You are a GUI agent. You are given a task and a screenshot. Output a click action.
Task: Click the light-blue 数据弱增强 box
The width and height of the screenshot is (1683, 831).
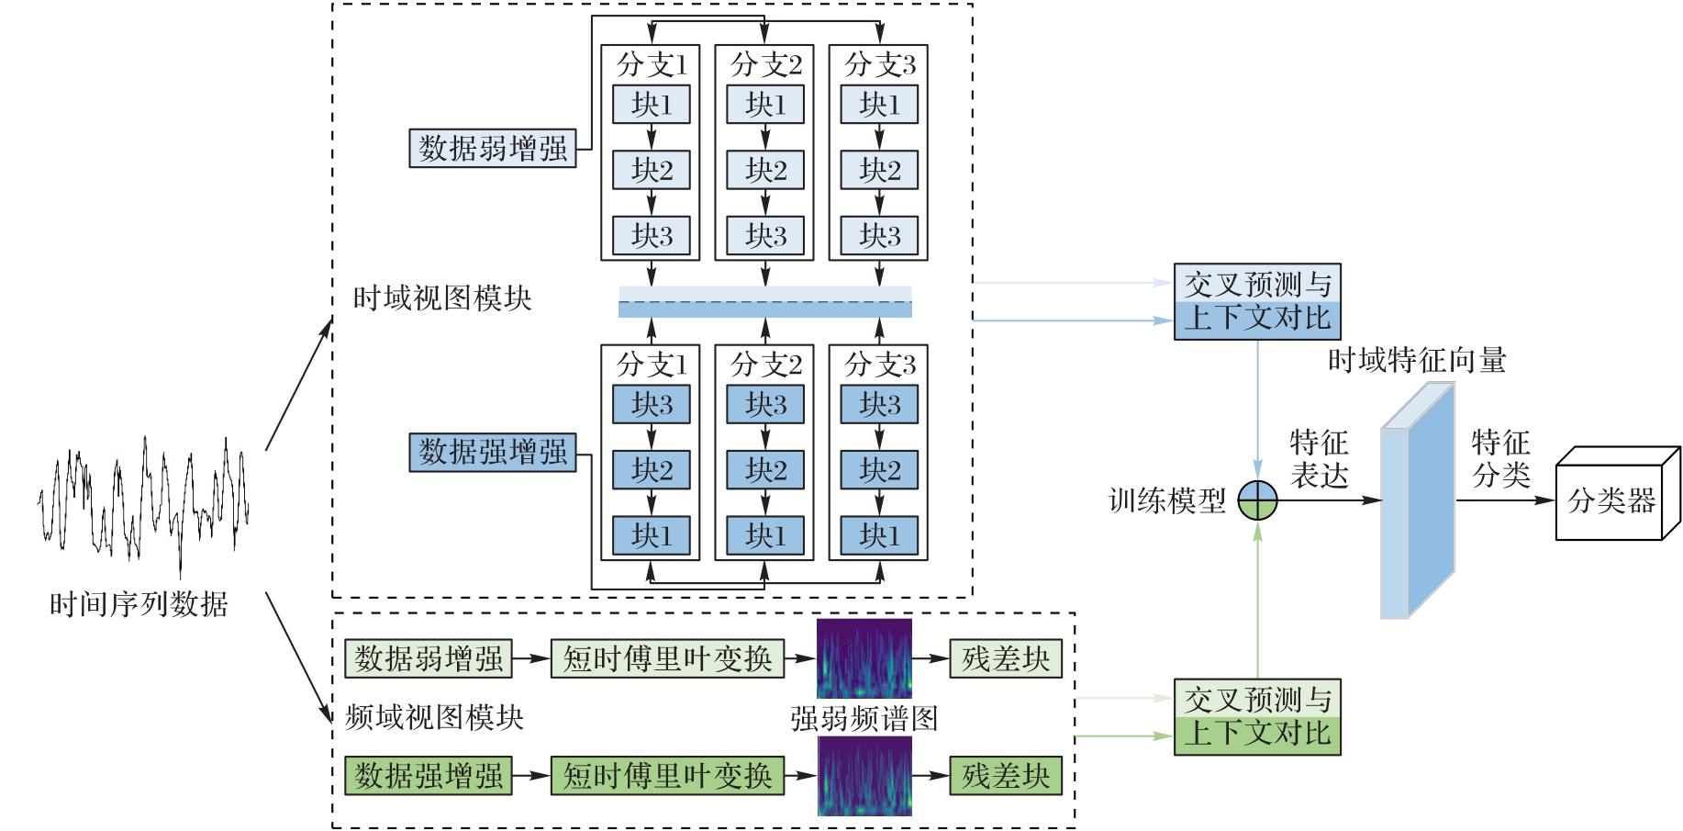pyautogui.click(x=493, y=149)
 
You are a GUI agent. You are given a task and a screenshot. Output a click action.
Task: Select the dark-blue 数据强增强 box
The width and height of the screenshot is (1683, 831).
pyautogui.click(x=493, y=452)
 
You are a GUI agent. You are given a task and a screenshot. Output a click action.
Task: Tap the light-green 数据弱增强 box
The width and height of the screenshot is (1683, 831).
pyautogui.click(x=429, y=658)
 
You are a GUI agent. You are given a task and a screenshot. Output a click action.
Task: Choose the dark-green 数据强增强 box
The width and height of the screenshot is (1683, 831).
pyautogui.click(x=429, y=775)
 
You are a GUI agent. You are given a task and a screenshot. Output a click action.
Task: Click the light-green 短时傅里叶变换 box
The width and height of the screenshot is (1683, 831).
pyautogui.click(x=667, y=658)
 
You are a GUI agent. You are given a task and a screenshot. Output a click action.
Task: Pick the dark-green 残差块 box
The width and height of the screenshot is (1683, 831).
pyautogui.click(x=1006, y=775)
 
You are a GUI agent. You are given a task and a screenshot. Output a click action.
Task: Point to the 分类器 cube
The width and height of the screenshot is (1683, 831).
pyautogui.click(x=1611, y=501)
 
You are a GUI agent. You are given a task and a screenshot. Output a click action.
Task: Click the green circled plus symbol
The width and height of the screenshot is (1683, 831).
pyautogui.click(x=1257, y=500)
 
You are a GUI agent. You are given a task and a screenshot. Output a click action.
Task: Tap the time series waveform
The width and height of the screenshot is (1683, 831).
pyautogui.click(x=143, y=500)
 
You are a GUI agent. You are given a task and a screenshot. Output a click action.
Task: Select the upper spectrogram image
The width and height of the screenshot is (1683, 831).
pyautogui.click(x=864, y=658)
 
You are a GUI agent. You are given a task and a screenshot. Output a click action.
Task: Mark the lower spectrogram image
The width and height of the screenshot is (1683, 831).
pyautogui.click(x=864, y=777)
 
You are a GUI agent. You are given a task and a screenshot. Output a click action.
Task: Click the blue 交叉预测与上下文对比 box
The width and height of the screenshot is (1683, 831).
pyautogui.click(x=1257, y=302)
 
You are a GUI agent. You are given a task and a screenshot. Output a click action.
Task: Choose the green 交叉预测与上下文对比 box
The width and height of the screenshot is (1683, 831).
pyautogui.click(x=1257, y=717)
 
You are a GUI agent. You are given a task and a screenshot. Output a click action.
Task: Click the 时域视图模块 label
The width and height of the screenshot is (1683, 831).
pyautogui.click(x=442, y=298)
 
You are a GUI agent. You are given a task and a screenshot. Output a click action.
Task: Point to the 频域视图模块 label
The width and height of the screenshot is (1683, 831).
pyautogui.click(x=434, y=717)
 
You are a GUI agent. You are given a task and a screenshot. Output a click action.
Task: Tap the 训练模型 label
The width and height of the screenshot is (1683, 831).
pyautogui.click(x=1166, y=501)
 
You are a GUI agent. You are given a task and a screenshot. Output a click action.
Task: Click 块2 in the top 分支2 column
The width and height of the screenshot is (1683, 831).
pyautogui.click(x=765, y=170)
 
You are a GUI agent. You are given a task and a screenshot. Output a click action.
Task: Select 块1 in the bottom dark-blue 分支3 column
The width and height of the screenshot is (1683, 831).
pyautogui.click(x=879, y=535)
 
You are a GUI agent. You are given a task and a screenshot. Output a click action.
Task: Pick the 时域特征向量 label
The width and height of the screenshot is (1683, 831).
pyautogui.click(x=1417, y=361)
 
